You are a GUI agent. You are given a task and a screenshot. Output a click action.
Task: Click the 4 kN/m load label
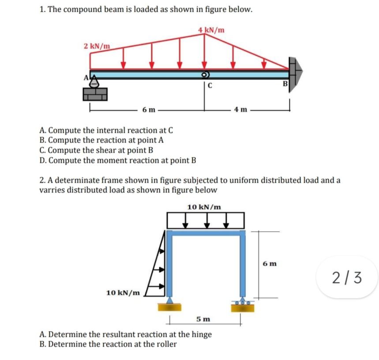pyautogui.click(x=211, y=30)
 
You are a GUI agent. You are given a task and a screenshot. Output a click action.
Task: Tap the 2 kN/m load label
pyautogui.click(x=97, y=46)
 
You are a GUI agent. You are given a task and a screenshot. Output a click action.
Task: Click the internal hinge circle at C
pyautogui.click(x=204, y=75)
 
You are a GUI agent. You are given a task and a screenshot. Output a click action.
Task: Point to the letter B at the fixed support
pyautogui.click(x=285, y=83)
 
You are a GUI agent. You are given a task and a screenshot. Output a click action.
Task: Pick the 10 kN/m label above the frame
pyautogui.click(x=204, y=207)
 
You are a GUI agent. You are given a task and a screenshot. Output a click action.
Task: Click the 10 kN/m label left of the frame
pyautogui.click(x=123, y=292)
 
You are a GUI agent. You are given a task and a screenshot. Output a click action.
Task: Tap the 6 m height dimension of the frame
pyautogui.click(x=270, y=264)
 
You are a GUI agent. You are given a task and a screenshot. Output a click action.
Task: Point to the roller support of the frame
pyautogui.click(x=242, y=303)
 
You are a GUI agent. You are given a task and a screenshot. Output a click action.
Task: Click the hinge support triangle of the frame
pyautogui.click(x=169, y=301)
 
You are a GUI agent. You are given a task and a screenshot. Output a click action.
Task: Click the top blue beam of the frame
pyautogui.click(x=205, y=233)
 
